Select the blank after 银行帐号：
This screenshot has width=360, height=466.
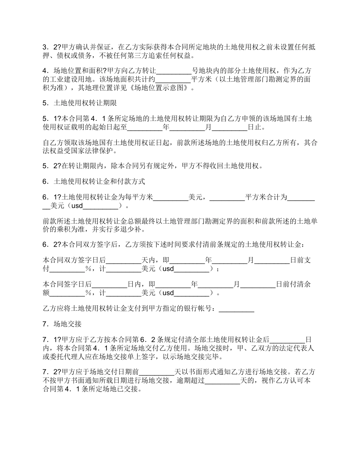tap(236, 309)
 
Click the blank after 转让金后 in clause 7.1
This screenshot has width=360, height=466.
tap(287, 339)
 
